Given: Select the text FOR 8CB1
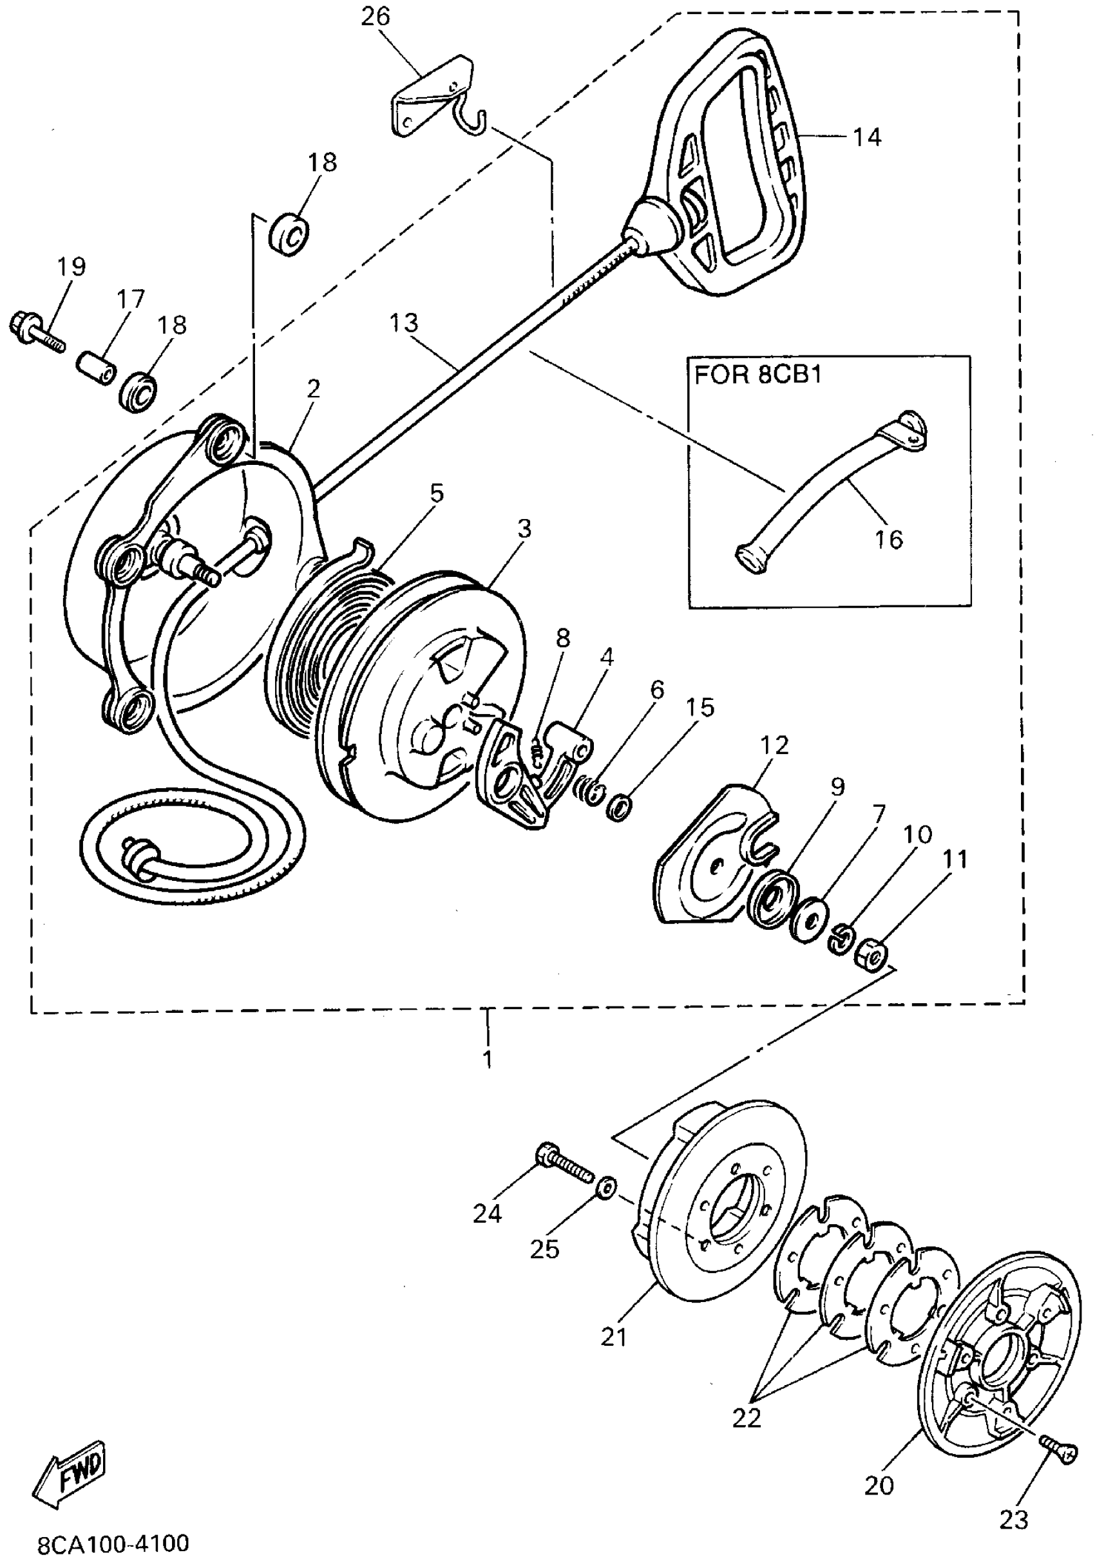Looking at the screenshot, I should tap(758, 376).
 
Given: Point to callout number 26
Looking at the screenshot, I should tap(376, 16).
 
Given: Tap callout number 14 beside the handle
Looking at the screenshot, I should tap(866, 137).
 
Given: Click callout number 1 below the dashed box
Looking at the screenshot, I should tap(487, 1059).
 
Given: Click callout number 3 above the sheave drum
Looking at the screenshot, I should tap(523, 529).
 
